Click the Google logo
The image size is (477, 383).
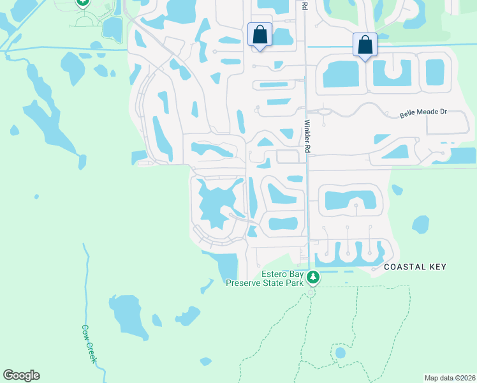[21, 375]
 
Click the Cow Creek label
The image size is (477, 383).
[89, 344]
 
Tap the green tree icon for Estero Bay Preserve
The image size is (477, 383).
[312, 277]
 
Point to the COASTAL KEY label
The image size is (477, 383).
[415, 267]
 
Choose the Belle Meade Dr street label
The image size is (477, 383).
[423, 112]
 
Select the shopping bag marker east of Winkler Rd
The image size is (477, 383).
[365, 45]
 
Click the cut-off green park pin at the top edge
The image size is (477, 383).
[83, 2]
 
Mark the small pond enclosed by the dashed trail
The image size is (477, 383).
[340, 352]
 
